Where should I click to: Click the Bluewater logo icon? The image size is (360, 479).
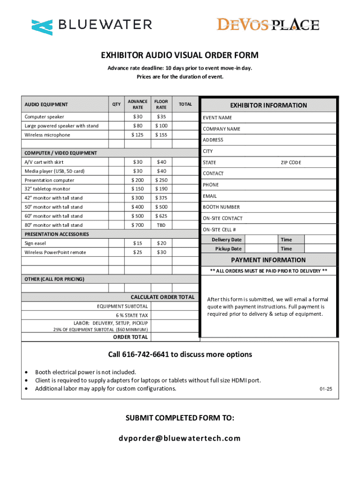click(x=42, y=27)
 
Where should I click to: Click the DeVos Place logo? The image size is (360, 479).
click(x=267, y=25)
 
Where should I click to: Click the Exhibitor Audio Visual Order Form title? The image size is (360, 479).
click(x=180, y=56)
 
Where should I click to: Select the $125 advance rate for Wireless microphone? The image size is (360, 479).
click(x=137, y=135)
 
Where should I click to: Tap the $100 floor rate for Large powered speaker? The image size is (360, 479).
click(x=161, y=126)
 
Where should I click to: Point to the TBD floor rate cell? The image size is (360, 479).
click(x=161, y=225)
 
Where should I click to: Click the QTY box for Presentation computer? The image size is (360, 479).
click(x=116, y=180)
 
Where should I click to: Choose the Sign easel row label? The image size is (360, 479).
click(x=35, y=243)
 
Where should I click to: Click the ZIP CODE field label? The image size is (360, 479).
click(x=291, y=162)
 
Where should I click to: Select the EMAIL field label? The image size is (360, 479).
click(x=209, y=196)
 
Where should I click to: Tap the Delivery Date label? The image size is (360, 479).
click(x=227, y=239)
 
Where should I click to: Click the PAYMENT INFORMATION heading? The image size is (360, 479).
click(x=268, y=260)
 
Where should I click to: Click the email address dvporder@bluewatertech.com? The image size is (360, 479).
click(x=180, y=438)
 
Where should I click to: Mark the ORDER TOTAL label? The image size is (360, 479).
click(x=131, y=337)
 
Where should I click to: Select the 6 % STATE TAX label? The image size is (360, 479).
click(x=132, y=315)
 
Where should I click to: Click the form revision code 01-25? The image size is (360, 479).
click(x=326, y=389)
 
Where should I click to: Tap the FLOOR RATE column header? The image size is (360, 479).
click(x=161, y=104)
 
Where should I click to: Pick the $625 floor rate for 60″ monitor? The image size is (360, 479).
click(x=161, y=216)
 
